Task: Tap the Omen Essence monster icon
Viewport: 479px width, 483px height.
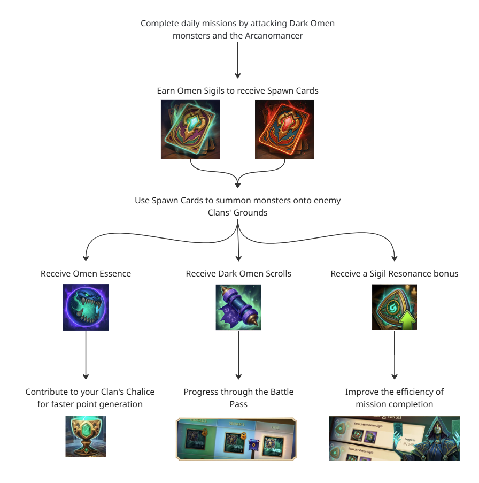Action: [86, 307]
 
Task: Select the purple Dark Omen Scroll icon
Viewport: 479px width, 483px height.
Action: [238, 307]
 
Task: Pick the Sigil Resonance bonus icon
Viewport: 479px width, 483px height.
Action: [395, 307]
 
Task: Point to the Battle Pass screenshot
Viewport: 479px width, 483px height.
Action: [236, 439]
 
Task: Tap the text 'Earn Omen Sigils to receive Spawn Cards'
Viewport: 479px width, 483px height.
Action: [238, 90]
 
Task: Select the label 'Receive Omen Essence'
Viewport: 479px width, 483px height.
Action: [86, 273]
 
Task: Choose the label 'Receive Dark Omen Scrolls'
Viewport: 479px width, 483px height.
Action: [238, 273]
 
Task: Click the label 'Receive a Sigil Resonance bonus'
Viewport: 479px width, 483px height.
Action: [395, 273]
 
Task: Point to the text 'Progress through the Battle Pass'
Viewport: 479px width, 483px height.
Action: [238, 398]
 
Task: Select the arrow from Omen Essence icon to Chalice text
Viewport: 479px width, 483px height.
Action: [86, 356]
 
